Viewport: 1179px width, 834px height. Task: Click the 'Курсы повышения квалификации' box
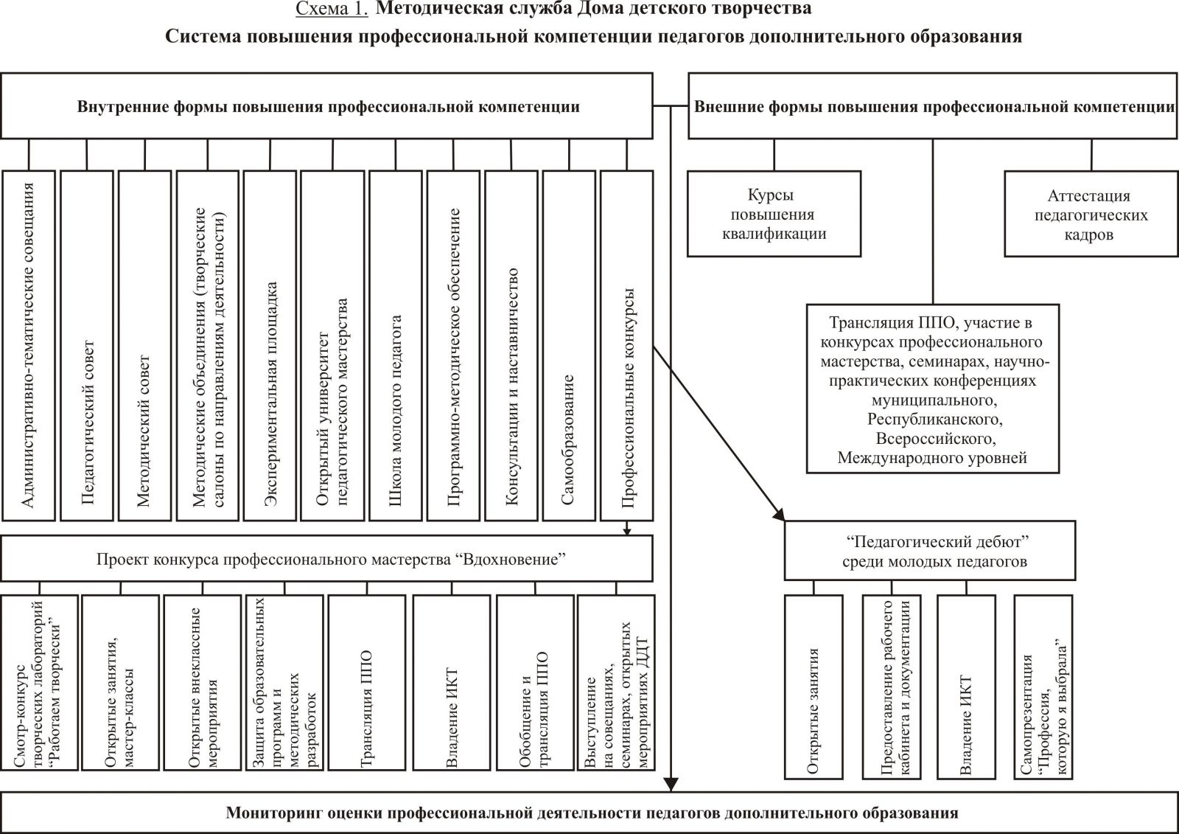coord(774,214)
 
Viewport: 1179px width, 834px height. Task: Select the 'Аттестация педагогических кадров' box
coord(1088,215)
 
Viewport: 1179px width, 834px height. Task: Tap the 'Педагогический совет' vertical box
coord(87,346)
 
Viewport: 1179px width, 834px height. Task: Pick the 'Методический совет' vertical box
coord(144,346)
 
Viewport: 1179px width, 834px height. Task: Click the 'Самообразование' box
coord(568,346)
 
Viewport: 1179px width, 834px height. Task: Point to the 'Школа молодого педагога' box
coord(395,346)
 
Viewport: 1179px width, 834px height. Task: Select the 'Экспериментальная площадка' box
coord(270,346)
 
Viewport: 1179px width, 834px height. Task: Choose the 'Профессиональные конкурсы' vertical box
coord(627,346)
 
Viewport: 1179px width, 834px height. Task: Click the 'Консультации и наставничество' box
coord(511,346)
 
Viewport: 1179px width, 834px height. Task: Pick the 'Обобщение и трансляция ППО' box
coord(535,682)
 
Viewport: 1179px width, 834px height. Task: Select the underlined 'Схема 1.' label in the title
coord(331,10)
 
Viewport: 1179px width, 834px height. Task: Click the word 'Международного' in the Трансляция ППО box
coord(893,458)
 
